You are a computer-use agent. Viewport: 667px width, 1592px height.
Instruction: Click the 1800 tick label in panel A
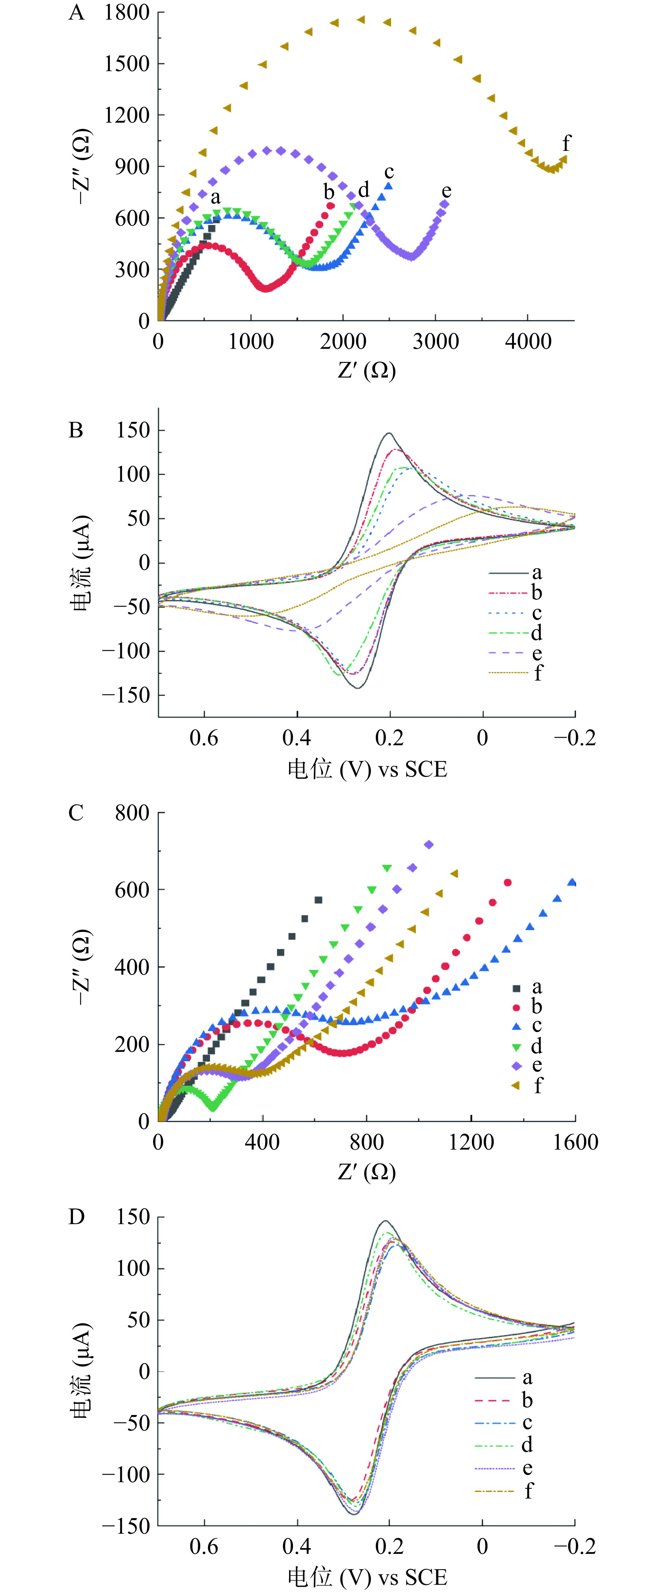pos(127,12)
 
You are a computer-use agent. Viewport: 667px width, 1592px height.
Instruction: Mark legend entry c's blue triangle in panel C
pos(517,1026)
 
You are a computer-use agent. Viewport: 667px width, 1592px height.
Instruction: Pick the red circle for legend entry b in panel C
pos(517,1007)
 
